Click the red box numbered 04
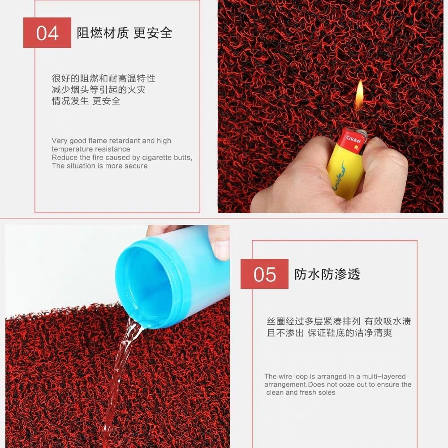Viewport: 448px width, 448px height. click(47, 33)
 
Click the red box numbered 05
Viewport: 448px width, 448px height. click(264, 274)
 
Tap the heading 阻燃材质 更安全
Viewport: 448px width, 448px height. click(125, 33)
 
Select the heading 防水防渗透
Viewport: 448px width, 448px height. click(327, 274)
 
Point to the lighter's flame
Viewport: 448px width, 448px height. click(359, 95)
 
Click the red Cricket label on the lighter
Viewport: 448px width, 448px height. click(353, 139)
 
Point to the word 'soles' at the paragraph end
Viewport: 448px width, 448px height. click(326, 392)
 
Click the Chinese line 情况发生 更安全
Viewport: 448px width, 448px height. click(86, 101)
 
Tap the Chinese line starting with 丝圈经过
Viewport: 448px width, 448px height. click(339, 322)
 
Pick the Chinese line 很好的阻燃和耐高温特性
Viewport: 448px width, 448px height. click(103, 78)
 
